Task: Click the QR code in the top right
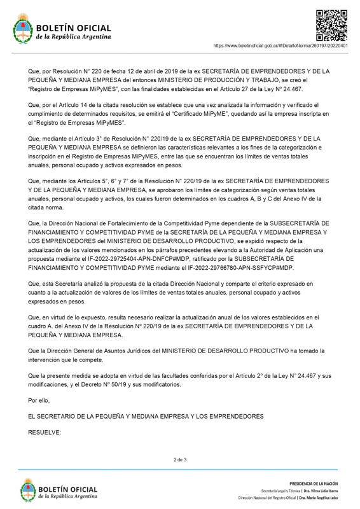coord(331,25)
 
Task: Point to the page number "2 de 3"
coord(180,459)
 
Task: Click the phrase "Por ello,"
coord(39,400)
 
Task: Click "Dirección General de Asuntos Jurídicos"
coord(99,351)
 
